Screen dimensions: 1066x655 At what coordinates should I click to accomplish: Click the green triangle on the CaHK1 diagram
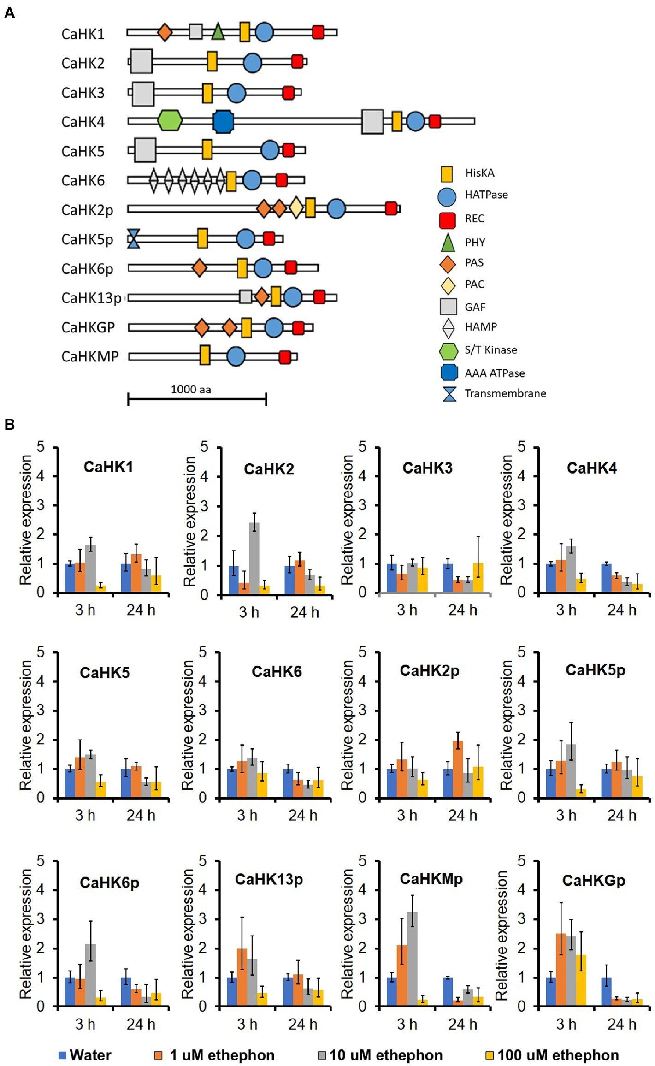coord(218,32)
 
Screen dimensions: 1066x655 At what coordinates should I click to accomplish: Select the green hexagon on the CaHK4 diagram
coord(170,120)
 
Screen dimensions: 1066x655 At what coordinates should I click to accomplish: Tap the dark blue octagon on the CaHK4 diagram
coord(223,122)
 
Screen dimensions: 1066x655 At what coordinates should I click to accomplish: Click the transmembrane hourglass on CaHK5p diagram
coord(133,239)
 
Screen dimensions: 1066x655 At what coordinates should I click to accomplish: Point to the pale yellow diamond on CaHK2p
coord(296,208)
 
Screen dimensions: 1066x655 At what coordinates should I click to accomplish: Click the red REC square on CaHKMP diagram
coord(285,357)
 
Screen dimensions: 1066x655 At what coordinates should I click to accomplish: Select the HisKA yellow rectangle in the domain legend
coord(447,174)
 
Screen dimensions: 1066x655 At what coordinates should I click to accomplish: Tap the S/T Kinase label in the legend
coord(490,350)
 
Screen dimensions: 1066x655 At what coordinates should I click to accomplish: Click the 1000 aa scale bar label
coord(191,390)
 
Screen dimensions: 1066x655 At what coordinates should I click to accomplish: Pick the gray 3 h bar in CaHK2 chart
coord(254,558)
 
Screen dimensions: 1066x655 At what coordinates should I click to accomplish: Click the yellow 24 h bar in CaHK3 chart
coord(478,577)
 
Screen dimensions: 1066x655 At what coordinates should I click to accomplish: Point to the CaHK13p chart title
coord(269,879)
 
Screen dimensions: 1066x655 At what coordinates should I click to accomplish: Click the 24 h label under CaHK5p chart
coord(621,815)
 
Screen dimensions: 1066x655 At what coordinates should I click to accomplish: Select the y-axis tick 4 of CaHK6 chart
coord(203,681)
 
